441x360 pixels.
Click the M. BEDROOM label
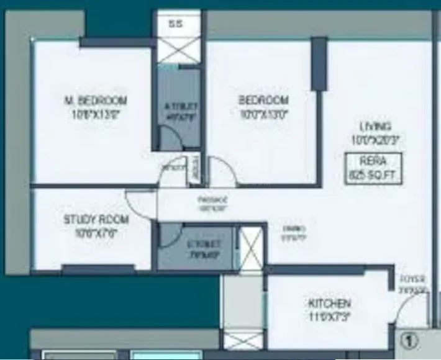click(96, 101)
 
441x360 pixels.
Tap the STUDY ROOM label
click(96, 220)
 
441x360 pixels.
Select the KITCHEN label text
click(329, 304)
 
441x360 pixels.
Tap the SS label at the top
click(176, 24)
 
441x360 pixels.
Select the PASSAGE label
click(212, 200)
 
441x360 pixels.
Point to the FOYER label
click(412, 279)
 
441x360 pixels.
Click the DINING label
click(286, 228)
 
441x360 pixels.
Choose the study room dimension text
click(96, 233)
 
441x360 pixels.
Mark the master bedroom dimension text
click(96, 114)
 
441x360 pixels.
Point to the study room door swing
click(138, 204)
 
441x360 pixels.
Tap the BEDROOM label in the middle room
click(263, 101)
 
